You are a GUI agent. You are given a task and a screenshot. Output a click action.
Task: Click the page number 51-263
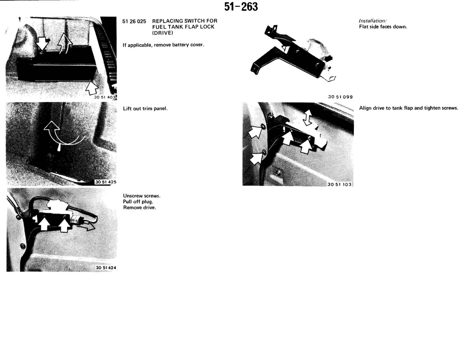[x=241, y=7]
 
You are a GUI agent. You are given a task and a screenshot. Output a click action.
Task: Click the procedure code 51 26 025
[x=134, y=21]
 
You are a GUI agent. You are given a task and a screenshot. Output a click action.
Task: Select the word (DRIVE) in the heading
[x=163, y=33]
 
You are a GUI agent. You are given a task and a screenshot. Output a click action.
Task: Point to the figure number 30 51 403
[x=105, y=97]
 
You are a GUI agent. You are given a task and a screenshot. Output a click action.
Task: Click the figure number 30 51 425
[x=105, y=182]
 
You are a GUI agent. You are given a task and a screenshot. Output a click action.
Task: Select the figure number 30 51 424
[x=106, y=268]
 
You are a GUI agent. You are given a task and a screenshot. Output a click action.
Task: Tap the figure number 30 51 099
[x=340, y=97]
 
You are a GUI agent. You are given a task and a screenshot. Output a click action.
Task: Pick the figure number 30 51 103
[x=339, y=184]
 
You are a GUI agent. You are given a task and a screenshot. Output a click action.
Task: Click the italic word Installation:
[x=372, y=21]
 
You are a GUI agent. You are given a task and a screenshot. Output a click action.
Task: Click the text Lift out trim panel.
[x=145, y=109]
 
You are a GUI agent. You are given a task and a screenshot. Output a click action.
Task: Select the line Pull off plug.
[x=138, y=202]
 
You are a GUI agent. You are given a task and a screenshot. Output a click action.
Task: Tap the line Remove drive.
[x=139, y=208]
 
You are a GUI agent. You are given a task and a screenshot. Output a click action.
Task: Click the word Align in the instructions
[x=365, y=108]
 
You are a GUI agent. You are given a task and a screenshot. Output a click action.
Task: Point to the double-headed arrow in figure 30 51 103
[x=307, y=118]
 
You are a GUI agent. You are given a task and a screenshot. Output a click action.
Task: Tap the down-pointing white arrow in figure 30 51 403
[x=42, y=43]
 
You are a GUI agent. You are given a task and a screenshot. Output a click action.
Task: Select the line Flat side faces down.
[x=383, y=27]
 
